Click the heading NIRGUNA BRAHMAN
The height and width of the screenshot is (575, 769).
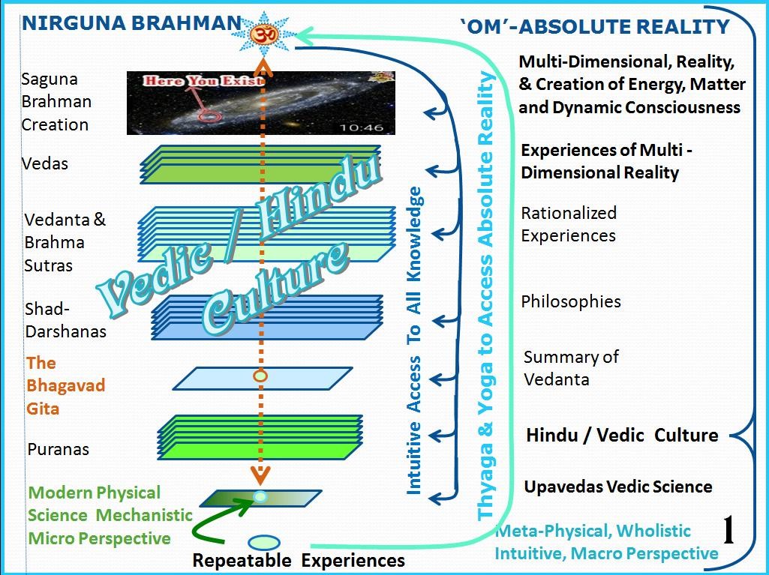(131, 23)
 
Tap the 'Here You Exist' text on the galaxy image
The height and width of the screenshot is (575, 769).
(204, 80)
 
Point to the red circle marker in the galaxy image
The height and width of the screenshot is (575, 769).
(210, 116)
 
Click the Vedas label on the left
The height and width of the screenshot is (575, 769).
(45, 163)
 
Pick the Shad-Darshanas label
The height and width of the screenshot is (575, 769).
(65, 320)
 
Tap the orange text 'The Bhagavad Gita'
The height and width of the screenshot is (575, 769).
(65, 385)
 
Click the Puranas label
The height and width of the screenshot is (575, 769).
(59, 449)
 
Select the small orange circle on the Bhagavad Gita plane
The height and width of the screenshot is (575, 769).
(260, 376)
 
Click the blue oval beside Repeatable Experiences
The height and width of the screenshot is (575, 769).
(263, 542)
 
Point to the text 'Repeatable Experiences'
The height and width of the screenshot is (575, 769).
(299, 560)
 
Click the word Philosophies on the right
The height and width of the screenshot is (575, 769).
(571, 301)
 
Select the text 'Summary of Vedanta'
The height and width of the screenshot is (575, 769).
(570, 367)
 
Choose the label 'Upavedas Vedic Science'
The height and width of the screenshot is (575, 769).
(617, 487)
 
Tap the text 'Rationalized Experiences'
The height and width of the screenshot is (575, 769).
(568, 224)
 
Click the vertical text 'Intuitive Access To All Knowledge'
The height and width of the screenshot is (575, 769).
(413, 341)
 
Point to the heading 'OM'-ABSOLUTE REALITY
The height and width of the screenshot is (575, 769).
(594, 27)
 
